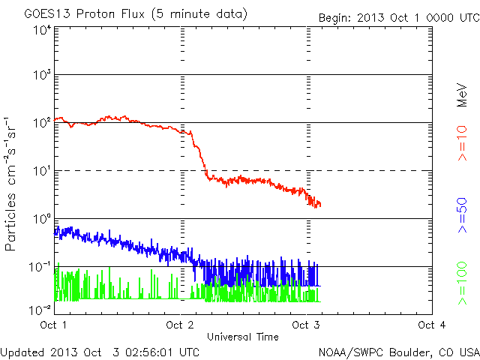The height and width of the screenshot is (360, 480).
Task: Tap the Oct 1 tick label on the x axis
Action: [x=55, y=325]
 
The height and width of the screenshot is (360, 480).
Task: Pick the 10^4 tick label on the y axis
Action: [x=41, y=30]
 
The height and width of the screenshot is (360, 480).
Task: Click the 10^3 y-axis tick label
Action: [x=41, y=75]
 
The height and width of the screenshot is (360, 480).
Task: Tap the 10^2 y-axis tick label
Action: [x=41, y=123]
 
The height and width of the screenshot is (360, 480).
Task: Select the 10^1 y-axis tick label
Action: [x=41, y=171]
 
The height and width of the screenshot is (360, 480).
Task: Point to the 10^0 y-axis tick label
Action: [x=41, y=219]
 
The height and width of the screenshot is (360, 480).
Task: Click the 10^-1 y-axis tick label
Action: [x=40, y=267]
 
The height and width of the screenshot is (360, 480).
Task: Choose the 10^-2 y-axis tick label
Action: [x=40, y=309]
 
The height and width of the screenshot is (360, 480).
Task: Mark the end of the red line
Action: [x=320, y=205]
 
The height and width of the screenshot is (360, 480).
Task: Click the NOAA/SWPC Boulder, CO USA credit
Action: [x=398, y=351]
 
